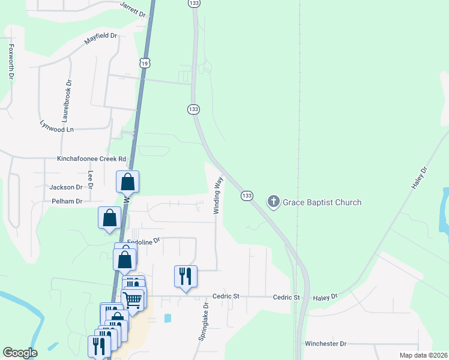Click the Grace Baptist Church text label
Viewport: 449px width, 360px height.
(322, 202)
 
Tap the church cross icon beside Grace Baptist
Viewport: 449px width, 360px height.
(274, 202)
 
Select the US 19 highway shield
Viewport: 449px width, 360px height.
(144, 62)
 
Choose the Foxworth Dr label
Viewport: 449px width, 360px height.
(11, 61)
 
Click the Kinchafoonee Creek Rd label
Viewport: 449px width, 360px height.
(92, 159)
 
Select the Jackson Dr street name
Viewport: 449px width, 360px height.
(65, 187)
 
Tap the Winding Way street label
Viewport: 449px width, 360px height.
(218, 194)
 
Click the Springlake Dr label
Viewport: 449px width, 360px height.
(204, 322)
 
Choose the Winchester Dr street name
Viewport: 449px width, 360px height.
(325, 344)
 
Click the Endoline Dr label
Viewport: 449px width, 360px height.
(144, 241)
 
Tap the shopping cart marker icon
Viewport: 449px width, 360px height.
(133, 298)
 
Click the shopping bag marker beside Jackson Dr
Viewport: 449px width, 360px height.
(128, 181)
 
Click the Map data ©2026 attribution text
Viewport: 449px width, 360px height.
(423, 355)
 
